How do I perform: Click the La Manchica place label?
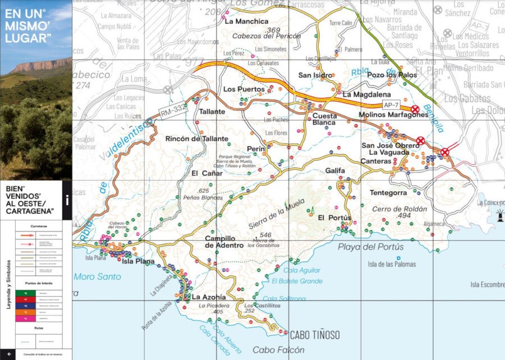click(x=246, y=21)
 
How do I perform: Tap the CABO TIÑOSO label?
click(x=314, y=335)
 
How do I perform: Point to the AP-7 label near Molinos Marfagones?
click(x=391, y=105)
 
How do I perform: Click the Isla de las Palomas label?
click(x=392, y=264)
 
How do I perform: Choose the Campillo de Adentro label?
click(x=224, y=241)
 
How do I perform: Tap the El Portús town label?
click(x=334, y=218)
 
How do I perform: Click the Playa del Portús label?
click(x=370, y=247)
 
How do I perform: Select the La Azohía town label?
click(x=209, y=297)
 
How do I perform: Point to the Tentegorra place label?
click(x=388, y=193)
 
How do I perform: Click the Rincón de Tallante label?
click(x=197, y=139)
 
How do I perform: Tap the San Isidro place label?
click(x=315, y=75)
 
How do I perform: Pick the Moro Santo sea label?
click(x=97, y=276)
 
